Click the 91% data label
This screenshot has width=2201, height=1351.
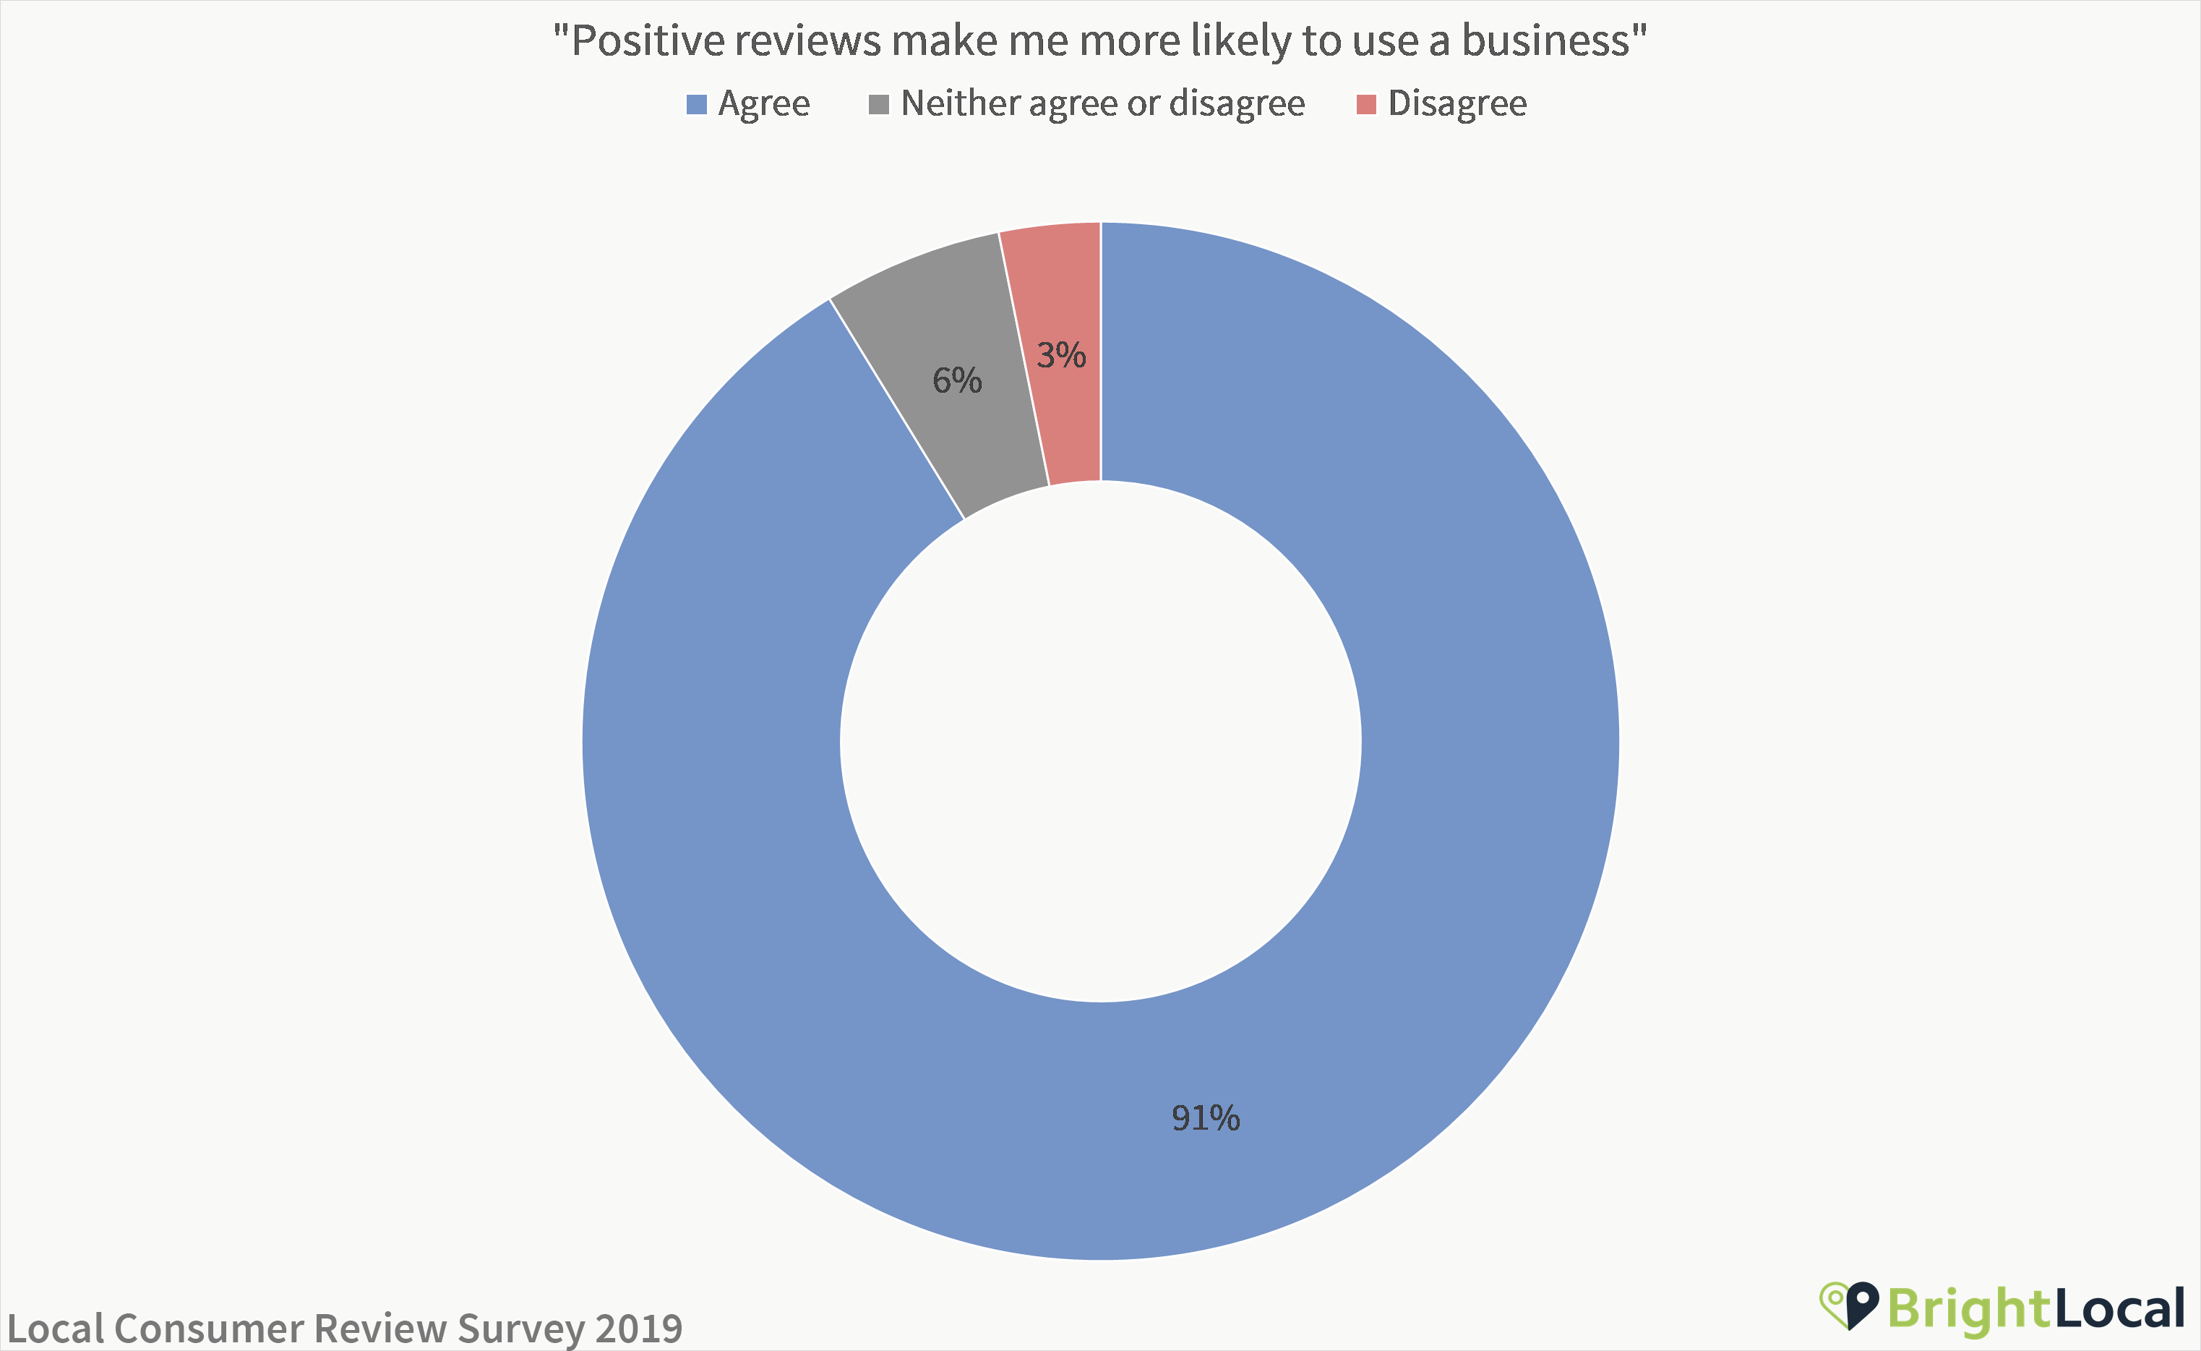click(1205, 1118)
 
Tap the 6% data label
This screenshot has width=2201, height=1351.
click(957, 380)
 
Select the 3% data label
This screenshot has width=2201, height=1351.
click(1061, 356)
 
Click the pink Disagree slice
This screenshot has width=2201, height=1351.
click(1063, 420)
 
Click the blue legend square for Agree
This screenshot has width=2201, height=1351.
click(697, 105)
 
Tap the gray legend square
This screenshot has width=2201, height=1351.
click(879, 105)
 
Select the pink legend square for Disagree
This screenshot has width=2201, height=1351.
click(1366, 105)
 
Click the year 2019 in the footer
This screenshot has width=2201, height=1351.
click(639, 1328)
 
